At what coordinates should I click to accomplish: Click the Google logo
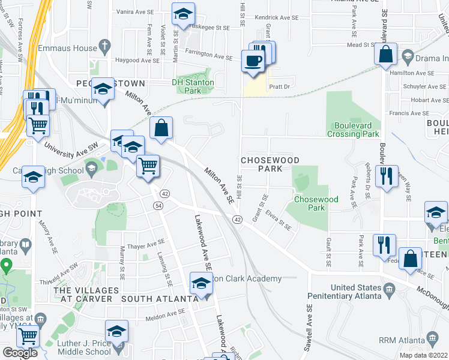click(20, 353)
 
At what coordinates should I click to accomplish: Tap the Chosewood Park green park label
click(316, 203)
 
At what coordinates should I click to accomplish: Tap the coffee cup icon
click(253, 61)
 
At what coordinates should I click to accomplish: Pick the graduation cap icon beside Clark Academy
click(201, 283)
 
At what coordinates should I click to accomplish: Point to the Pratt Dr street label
click(280, 86)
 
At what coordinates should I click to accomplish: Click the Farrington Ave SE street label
click(208, 56)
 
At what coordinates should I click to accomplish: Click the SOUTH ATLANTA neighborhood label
click(160, 298)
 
